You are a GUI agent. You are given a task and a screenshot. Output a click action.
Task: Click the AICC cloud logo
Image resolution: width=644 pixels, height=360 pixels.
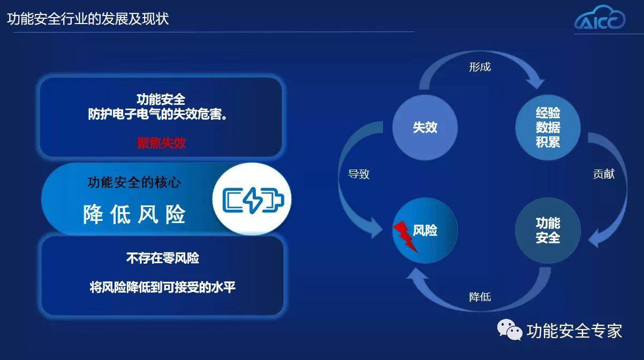point(600,18)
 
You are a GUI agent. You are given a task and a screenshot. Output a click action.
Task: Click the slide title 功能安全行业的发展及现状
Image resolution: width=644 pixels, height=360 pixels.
point(88,19)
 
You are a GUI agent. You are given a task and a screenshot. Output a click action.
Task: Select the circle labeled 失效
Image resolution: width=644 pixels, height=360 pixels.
point(425,127)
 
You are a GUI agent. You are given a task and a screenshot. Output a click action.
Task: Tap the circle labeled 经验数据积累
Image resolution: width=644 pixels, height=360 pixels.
point(548,127)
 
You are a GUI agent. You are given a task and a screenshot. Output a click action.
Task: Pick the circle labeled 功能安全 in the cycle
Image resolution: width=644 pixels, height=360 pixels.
point(548,231)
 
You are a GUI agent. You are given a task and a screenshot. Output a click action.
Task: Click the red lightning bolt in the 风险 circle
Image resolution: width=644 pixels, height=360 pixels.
point(405,236)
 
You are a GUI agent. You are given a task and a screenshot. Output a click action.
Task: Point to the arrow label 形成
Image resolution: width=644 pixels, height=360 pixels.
point(480,67)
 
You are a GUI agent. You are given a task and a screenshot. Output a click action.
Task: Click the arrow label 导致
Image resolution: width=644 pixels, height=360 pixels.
point(359,174)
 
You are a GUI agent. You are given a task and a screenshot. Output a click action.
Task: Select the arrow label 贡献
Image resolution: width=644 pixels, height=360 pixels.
point(604,174)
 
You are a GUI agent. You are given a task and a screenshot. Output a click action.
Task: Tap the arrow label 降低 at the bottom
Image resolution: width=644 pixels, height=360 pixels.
point(480,297)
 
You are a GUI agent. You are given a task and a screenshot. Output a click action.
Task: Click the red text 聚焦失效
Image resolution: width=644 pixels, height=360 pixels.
point(161,143)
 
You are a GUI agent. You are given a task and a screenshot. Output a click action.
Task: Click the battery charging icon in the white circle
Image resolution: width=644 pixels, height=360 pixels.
point(252,200)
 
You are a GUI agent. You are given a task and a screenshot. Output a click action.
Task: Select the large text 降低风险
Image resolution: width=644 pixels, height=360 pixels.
point(134,215)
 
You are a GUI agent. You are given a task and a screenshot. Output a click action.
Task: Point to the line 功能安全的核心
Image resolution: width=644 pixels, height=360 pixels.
point(134,182)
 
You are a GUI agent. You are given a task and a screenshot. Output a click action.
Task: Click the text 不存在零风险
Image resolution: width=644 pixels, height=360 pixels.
point(162,258)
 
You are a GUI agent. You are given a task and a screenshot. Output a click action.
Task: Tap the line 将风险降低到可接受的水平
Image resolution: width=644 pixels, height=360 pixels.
point(162,287)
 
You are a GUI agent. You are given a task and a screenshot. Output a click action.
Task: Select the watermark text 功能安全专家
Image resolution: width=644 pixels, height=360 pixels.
point(574,331)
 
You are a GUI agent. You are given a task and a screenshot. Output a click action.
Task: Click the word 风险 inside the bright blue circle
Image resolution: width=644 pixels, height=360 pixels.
point(426,230)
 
